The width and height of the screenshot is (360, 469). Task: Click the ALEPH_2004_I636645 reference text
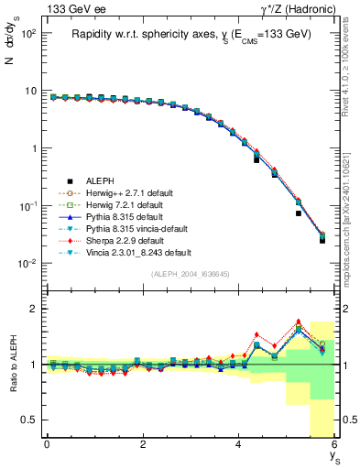click(x=189, y=274)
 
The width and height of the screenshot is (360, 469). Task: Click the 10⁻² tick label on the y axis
click(x=27, y=264)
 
